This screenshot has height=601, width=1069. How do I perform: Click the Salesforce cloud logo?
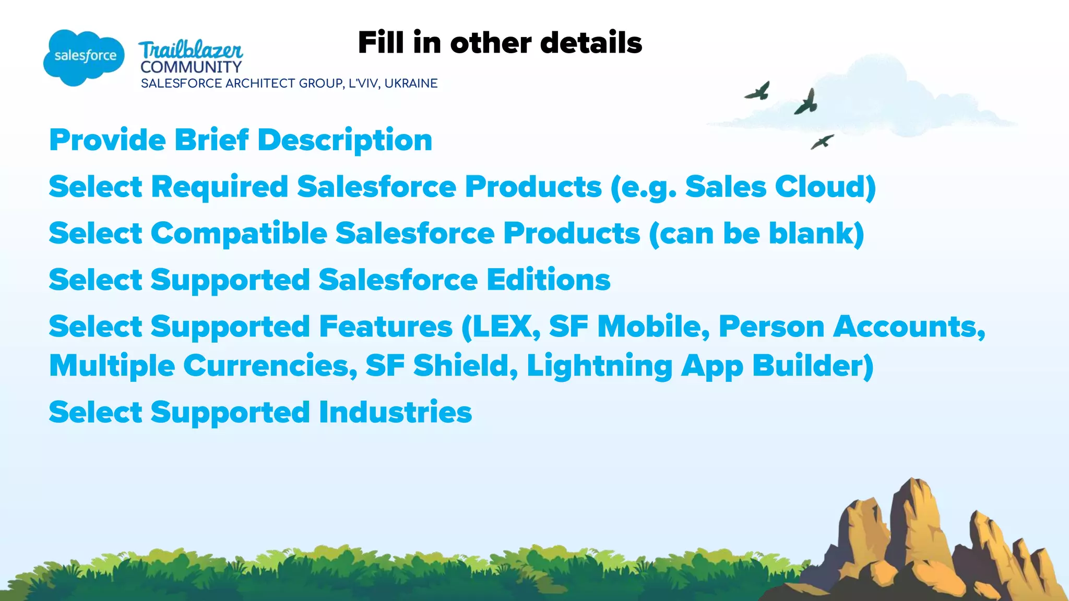[84, 57]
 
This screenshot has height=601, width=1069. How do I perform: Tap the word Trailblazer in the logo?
[191, 50]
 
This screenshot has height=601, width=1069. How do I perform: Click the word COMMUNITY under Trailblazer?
[191, 67]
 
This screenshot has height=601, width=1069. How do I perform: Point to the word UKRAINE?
[411, 83]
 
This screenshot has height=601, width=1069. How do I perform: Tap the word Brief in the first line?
[211, 140]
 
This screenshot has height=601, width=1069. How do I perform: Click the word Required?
[220, 187]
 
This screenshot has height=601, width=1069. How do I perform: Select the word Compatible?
[239, 233]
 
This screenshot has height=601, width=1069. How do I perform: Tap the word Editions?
[549, 280]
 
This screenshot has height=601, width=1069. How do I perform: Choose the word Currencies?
[270, 366]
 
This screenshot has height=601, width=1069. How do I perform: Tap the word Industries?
[395, 413]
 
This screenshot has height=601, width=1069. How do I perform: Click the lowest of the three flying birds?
[822, 141]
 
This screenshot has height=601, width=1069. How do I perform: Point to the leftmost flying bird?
[758, 91]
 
